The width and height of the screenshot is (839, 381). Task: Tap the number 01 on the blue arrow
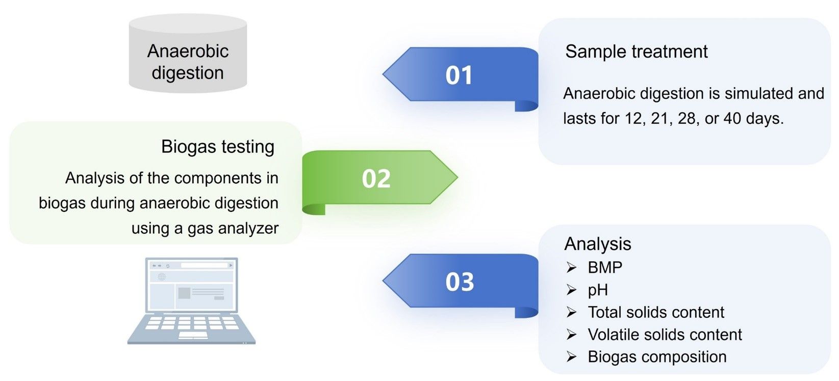pos(459,75)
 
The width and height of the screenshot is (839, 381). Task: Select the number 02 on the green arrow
pos(376,179)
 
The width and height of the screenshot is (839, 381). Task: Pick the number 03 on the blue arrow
pos(460,282)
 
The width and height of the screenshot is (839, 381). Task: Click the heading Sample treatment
pos(636,51)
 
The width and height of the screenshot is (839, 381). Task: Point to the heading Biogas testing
pos(218,147)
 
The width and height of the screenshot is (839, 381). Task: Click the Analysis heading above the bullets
pos(597,244)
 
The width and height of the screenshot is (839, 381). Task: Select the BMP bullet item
pos(605,267)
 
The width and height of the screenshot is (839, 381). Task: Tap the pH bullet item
pos(598,290)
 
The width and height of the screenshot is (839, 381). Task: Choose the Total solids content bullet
pos(656,312)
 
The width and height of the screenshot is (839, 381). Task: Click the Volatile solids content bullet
pos(665,335)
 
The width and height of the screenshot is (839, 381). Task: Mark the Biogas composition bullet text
pos(657,357)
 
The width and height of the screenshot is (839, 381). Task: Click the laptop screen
pos(191,285)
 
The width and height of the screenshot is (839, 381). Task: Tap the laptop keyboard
pos(191,326)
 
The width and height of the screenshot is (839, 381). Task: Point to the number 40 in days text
pos(732,119)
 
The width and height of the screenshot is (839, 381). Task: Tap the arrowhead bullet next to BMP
pos(571,267)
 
